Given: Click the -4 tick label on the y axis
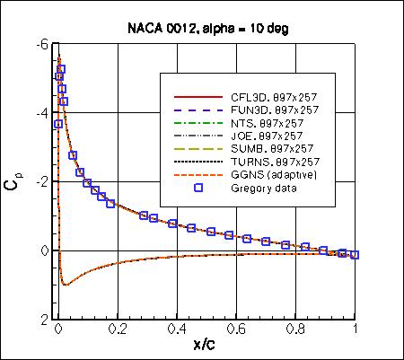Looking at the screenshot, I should [x=41, y=113].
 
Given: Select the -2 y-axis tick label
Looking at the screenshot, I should [x=41, y=181].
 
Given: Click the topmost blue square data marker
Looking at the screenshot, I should [x=61, y=69].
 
